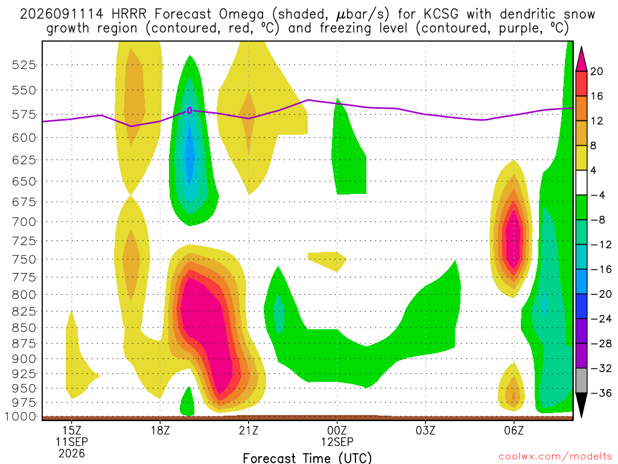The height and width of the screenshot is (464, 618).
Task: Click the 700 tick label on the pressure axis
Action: (x=24, y=222)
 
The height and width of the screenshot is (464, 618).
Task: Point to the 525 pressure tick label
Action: (x=24, y=65)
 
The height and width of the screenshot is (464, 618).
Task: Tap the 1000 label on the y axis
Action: (x=20, y=417)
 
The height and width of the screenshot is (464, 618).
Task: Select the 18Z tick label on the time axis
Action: (x=160, y=430)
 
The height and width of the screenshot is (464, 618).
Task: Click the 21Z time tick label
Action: (x=249, y=430)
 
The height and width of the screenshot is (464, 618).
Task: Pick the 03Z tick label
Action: (x=425, y=430)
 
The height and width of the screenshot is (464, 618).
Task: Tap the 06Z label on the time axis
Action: (x=514, y=430)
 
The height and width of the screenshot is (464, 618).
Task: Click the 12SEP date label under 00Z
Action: (x=337, y=442)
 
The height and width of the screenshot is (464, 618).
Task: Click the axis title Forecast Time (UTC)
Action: (x=307, y=458)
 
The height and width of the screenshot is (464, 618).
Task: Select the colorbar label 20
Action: (x=597, y=71)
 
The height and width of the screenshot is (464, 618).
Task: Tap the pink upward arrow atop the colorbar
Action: (x=581, y=59)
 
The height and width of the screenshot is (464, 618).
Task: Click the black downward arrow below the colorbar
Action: (x=581, y=405)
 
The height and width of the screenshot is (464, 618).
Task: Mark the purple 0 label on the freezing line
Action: (x=190, y=111)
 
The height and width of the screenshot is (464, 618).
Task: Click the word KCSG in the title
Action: (x=441, y=14)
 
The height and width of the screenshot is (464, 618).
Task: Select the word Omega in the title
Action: (x=241, y=14)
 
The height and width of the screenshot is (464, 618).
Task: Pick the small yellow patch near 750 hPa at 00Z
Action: (x=327, y=261)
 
